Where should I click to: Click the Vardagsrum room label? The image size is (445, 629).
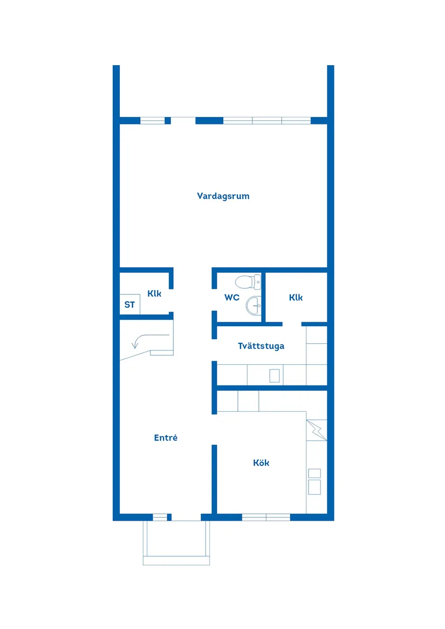[223, 196]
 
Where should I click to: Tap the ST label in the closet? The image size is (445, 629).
[129, 305]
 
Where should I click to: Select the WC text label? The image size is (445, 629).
[232, 297]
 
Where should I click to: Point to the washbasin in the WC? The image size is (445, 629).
[253, 306]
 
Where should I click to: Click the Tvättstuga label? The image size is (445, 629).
[261, 346]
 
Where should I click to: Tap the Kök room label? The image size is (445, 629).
[261, 462]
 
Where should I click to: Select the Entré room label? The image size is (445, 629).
[166, 438]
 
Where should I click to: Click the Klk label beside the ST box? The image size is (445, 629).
[154, 294]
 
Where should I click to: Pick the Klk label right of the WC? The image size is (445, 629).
[296, 297]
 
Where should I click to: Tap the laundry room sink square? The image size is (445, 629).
[275, 375]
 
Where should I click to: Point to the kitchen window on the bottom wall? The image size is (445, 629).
[266, 517]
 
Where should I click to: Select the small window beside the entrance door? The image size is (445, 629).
[160, 517]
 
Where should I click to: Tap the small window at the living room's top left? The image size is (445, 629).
[153, 120]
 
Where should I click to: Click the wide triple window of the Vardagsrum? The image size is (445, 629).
[267, 120]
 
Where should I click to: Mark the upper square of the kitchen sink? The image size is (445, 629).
[314, 473]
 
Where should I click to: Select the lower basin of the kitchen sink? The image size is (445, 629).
[314, 487]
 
